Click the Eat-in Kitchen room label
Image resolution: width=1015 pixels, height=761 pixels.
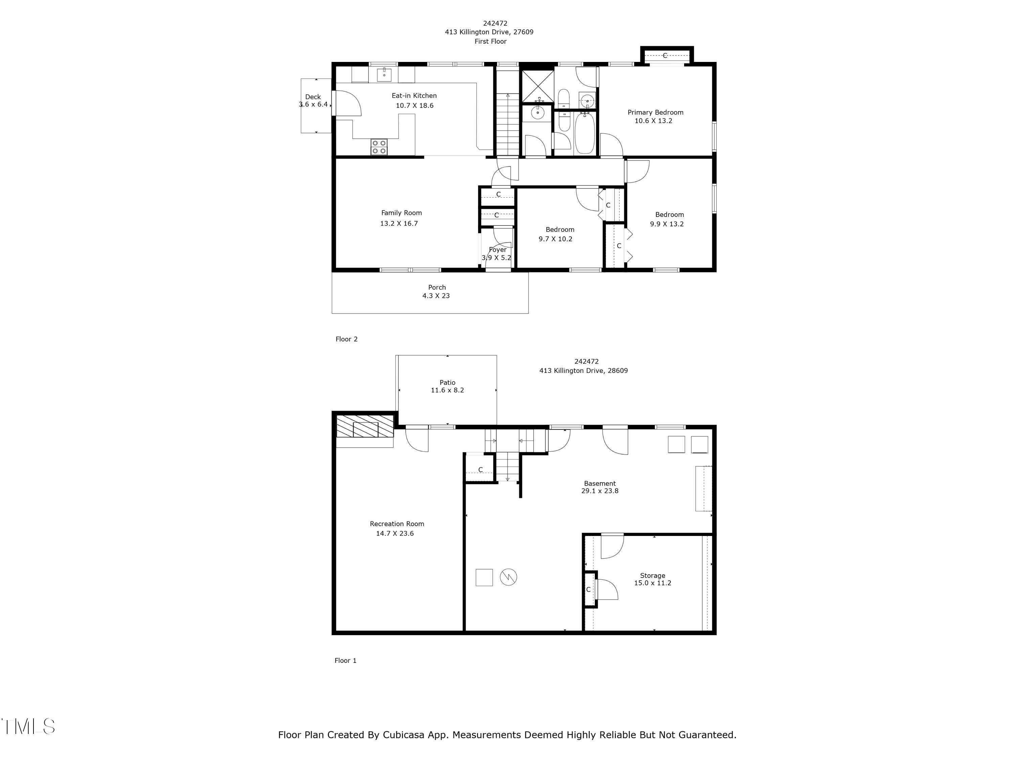[414, 95]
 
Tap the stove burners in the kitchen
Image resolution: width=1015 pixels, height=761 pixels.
[379, 147]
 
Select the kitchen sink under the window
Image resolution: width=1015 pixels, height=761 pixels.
[384, 74]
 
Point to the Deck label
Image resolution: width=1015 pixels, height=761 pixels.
[313, 97]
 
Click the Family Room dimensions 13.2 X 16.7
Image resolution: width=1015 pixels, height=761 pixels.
[399, 224]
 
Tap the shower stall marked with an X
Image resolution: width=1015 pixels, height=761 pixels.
[537, 86]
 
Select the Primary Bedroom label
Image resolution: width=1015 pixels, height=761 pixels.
[655, 112]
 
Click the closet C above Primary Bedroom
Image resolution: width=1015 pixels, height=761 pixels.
[665, 55]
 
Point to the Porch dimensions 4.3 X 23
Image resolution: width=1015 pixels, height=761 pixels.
[436, 296]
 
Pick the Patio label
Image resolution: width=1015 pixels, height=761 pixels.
[447, 382]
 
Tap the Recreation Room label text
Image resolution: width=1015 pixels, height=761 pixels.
[397, 524]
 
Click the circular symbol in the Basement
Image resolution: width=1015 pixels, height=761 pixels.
[509, 577]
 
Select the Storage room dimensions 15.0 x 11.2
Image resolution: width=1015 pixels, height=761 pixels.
[653, 583]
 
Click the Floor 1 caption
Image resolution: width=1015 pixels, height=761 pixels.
[345, 661]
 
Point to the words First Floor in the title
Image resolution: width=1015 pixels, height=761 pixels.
[491, 41]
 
